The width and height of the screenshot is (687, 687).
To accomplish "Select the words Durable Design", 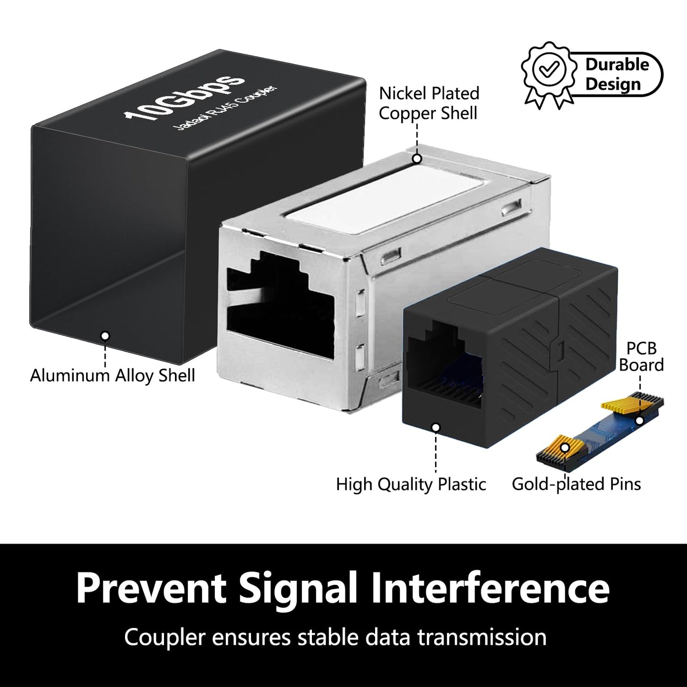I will point(616,74).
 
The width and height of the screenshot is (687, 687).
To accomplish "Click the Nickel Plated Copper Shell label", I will point(429,103).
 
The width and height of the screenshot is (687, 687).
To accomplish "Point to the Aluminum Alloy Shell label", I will point(113,376).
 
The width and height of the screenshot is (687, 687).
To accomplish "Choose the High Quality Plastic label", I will point(411,484).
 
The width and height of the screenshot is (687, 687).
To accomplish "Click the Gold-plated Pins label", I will point(576,484).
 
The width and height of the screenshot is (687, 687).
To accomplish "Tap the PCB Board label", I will point(641,357).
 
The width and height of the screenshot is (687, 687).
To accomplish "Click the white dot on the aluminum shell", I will point(106,336).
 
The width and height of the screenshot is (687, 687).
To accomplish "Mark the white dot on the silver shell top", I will point(417,159).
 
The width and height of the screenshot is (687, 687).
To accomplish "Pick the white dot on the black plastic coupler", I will point(435,427).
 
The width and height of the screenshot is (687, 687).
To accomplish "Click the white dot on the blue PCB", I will point(640,420).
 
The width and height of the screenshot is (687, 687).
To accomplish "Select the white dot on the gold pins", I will point(565,448).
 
